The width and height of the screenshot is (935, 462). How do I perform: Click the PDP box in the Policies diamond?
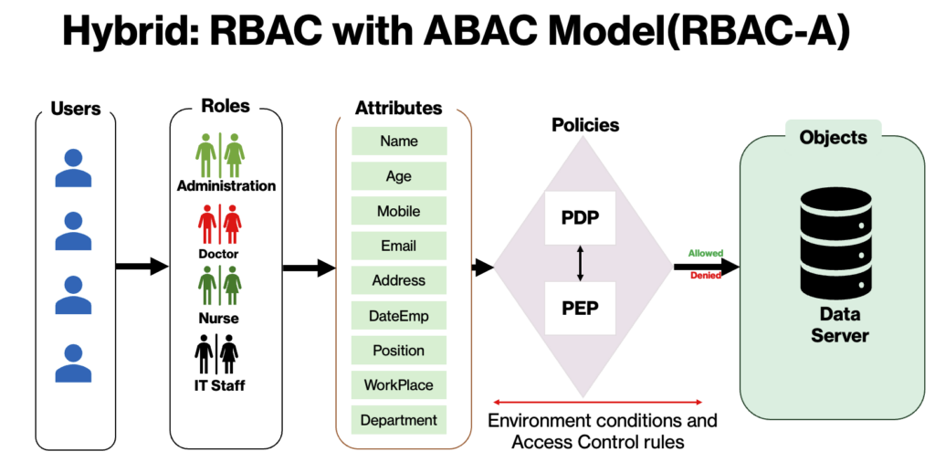(x=580, y=218)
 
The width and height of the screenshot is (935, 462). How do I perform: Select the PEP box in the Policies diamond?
(x=580, y=308)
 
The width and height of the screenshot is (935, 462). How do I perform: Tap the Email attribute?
(x=399, y=246)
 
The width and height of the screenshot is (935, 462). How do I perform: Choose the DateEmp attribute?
(x=399, y=316)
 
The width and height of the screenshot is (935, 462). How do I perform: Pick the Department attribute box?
(x=399, y=420)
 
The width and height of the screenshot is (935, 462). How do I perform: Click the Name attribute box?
(x=399, y=142)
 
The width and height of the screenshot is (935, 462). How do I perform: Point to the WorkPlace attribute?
(x=399, y=385)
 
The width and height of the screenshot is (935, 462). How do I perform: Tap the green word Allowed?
(x=706, y=253)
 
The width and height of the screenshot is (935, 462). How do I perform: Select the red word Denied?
(x=706, y=275)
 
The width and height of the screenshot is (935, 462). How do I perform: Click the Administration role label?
(x=226, y=186)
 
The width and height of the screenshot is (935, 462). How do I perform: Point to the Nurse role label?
(x=219, y=319)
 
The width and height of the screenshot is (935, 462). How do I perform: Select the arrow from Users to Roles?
(x=142, y=267)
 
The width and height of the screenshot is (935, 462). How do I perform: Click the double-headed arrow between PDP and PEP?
(x=580, y=263)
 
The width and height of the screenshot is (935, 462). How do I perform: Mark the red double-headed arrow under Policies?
(x=597, y=402)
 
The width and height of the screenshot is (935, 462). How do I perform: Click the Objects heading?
(x=833, y=137)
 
